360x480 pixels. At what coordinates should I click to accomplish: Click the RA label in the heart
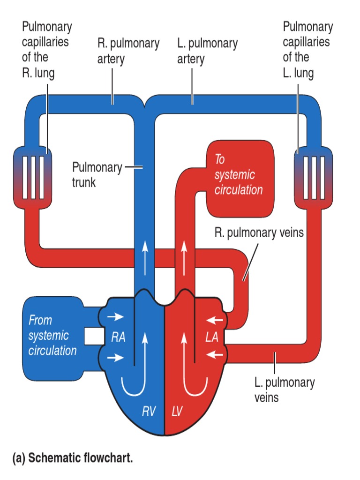[x=118, y=337]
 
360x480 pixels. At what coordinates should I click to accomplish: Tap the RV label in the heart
[x=149, y=412]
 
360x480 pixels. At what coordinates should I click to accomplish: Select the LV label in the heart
[x=177, y=412]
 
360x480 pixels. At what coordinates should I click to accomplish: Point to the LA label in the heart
[x=212, y=337]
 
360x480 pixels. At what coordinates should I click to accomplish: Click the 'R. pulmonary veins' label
[x=259, y=232]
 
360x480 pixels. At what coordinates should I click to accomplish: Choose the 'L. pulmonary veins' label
[x=284, y=390]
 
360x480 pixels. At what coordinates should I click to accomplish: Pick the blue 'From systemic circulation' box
[x=52, y=336]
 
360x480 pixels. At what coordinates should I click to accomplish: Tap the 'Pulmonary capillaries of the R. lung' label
[x=47, y=50]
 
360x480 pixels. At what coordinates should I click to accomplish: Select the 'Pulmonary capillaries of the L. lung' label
[x=307, y=50]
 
